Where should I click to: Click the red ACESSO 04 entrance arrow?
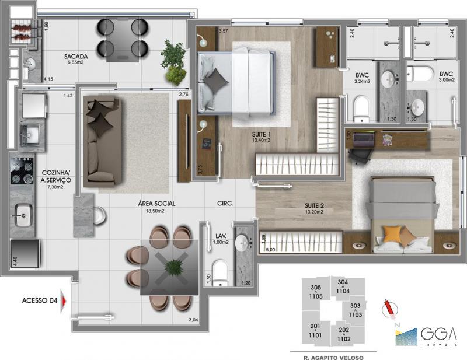tap(64, 301)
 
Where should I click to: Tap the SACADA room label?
tap(76, 57)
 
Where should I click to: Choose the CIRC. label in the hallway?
tap(225, 204)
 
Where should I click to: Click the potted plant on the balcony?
tap(173, 62)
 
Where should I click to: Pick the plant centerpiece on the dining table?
tap(173, 267)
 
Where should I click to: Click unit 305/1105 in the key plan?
tap(316, 292)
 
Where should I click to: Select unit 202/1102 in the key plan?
tap(344, 334)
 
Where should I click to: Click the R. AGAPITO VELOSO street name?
tap(332, 354)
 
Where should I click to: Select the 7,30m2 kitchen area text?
tap(55, 188)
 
